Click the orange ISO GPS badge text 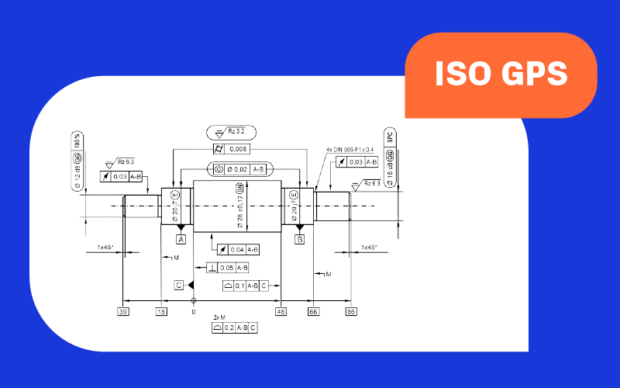click(501, 74)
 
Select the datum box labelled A click(181, 240)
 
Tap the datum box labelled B click(299, 240)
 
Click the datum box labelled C click(179, 286)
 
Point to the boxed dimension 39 click(122, 311)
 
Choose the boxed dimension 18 click(161, 311)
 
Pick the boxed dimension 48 click(281, 311)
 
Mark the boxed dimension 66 click(313, 311)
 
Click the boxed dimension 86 click(351, 311)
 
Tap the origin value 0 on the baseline click(194, 311)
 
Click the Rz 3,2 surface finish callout click(231, 133)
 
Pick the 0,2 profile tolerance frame click(234, 328)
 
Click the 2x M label click(219, 317)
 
